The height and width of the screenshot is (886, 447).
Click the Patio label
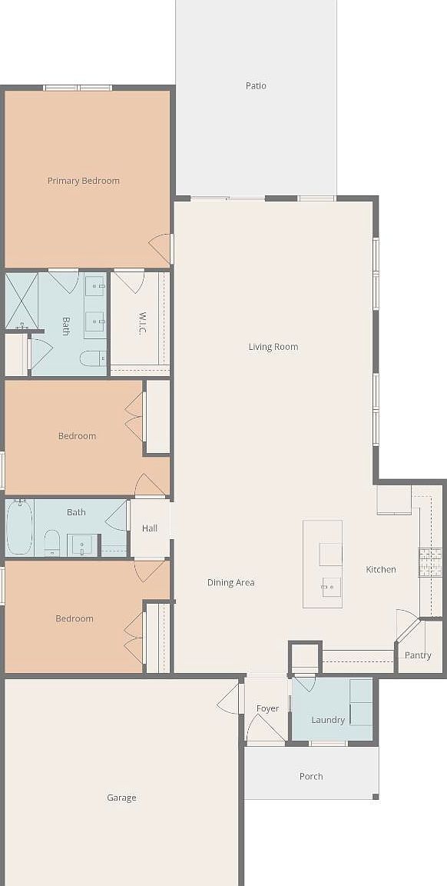256,86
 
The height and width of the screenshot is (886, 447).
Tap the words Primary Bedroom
84,181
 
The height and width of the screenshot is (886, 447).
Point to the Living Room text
273,347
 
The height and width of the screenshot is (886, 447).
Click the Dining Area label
230,583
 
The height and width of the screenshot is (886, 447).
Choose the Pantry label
418,655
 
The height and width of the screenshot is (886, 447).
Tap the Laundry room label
328,720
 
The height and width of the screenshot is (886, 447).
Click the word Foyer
267,708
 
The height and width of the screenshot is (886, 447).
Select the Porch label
311,777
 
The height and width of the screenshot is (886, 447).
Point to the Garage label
121,798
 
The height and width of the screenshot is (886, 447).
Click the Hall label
150,528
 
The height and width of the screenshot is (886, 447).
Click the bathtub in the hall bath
19,528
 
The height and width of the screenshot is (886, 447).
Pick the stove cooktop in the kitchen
429,561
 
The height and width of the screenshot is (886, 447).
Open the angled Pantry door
408,627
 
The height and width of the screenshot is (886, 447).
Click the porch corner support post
376,797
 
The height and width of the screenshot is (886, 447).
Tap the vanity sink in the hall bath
82,545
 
